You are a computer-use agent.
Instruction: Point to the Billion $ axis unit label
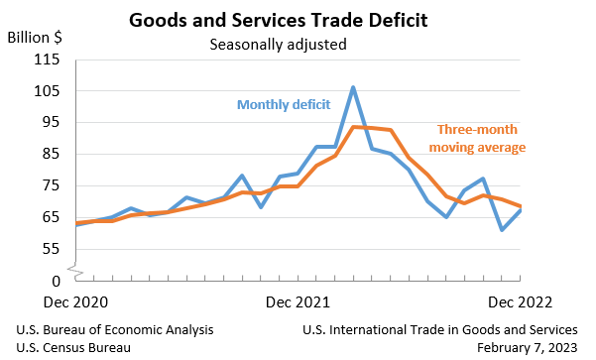pyautogui.click(x=35, y=38)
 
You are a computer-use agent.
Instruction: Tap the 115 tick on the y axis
pyautogui.click(x=48, y=60)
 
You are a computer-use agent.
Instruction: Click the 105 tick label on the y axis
pyautogui.click(x=48, y=91)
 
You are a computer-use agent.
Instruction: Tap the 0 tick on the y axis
pyautogui.click(x=56, y=282)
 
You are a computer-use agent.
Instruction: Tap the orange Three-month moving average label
pyautogui.click(x=480, y=139)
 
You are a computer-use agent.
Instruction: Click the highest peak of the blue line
pyautogui.click(x=353, y=87)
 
